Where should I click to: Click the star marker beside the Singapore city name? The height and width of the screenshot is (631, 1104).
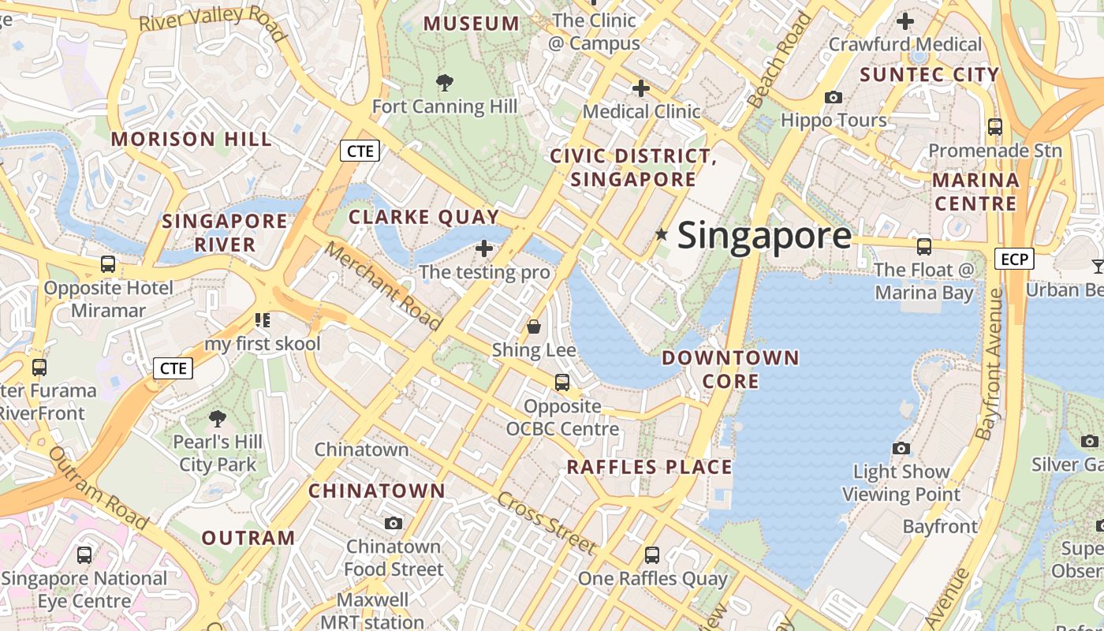coord(662,234)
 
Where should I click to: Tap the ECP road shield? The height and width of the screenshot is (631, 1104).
coord(1014,259)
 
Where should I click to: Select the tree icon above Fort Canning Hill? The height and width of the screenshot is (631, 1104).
coord(445,82)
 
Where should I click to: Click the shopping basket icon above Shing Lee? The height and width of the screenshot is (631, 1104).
coord(534,326)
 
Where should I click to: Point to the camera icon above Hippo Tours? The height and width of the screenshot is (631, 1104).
coord(833,97)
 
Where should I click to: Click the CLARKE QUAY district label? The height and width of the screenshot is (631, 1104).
coord(424,217)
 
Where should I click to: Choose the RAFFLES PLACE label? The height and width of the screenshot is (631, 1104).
coord(650,467)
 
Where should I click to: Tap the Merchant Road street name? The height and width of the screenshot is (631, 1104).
coord(383,285)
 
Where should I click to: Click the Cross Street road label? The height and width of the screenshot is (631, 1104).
coord(546,521)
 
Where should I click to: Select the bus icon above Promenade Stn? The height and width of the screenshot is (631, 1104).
coord(995,126)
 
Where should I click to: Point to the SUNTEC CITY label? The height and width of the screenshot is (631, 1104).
coord(930,75)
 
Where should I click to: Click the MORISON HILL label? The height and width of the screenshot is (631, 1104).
coord(192,140)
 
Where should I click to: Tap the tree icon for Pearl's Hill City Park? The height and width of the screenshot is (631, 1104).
coord(218,418)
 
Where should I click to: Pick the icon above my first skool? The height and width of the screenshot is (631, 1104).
coord(263,320)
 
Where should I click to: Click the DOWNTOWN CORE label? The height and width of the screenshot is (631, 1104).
coord(730,369)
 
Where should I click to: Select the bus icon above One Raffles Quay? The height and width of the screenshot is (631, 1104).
coord(652,554)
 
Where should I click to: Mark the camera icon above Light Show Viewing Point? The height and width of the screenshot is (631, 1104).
coord(901,448)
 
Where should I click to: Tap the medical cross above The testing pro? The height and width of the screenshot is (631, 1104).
coord(484,248)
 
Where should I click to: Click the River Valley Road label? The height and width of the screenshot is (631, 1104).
coord(212,21)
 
